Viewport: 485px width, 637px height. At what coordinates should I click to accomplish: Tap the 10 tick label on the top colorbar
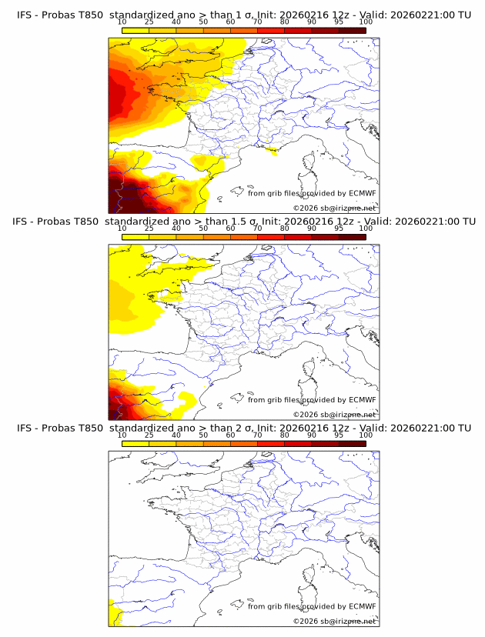[x=122, y=22]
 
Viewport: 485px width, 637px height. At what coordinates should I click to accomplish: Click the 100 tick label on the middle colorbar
[x=366, y=228]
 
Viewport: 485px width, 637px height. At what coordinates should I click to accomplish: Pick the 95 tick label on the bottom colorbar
[x=339, y=435]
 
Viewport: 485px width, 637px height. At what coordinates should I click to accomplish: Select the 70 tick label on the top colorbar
[x=257, y=22]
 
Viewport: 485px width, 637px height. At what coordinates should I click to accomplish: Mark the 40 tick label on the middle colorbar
[x=176, y=228]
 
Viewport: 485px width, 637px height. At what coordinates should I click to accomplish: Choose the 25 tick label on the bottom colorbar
[x=149, y=435]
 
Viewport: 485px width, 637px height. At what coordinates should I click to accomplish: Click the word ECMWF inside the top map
[x=362, y=193]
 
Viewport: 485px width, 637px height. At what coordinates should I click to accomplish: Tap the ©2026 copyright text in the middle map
[x=306, y=414]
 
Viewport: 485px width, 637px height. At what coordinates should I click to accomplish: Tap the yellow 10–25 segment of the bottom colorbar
[x=135, y=443]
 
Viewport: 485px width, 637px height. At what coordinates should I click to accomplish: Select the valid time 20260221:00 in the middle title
[x=423, y=222]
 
